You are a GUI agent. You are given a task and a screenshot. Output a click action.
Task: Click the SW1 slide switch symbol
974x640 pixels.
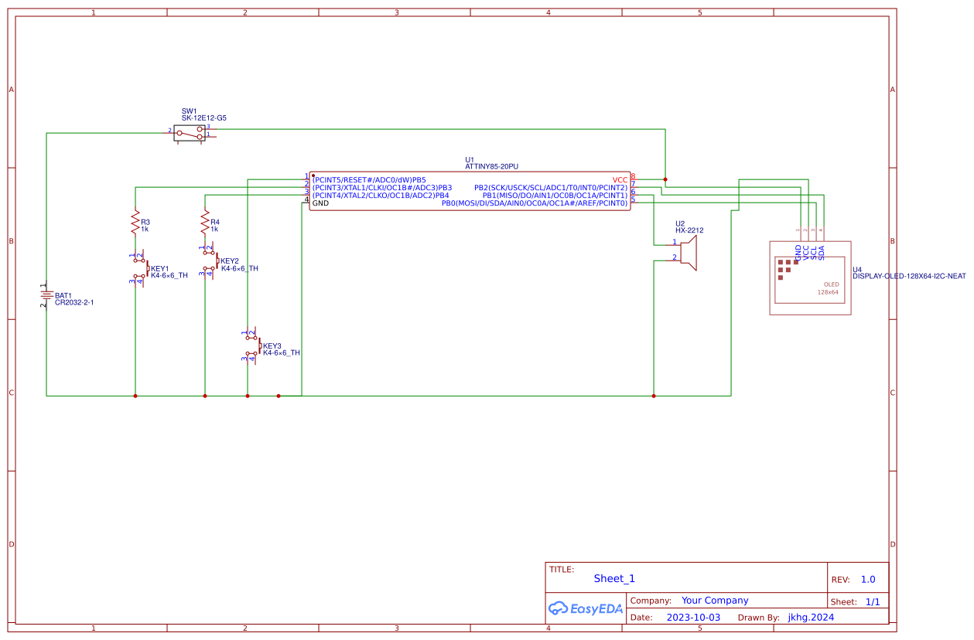(x=190, y=133)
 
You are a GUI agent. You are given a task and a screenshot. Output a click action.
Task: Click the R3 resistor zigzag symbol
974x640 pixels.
(x=135, y=221)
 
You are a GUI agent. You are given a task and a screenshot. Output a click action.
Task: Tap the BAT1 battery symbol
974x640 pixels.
(x=46, y=294)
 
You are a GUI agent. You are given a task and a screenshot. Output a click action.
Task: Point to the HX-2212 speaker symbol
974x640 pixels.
(x=689, y=253)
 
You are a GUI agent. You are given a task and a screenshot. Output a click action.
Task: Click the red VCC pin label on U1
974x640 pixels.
(x=620, y=179)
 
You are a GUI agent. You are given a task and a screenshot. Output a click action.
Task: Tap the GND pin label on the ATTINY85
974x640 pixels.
(x=320, y=203)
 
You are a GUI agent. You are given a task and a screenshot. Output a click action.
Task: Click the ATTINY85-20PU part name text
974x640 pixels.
(x=491, y=166)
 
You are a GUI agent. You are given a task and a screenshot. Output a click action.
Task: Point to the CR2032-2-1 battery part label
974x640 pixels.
(x=74, y=303)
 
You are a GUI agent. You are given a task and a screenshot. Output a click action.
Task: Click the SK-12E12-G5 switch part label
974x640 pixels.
(x=204, y=118)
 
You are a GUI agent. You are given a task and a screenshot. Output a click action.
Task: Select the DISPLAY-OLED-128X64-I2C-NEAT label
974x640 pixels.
(x=909, y=276)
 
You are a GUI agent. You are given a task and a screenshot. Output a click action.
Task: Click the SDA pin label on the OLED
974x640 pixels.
(x=822, y=251)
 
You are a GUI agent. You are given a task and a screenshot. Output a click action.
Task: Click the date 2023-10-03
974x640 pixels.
(x=693, y=618)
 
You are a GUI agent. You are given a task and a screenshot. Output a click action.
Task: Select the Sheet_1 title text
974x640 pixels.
(x=614, y=578)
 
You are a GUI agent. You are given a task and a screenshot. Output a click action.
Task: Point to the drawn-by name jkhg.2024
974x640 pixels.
(x=811, y=618)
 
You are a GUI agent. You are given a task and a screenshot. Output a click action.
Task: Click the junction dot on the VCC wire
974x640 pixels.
(x=665, y=179)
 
